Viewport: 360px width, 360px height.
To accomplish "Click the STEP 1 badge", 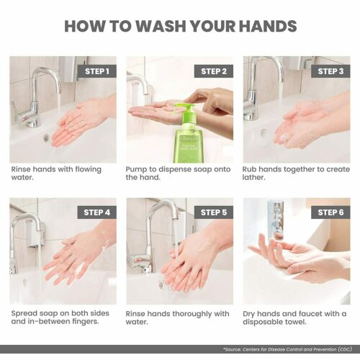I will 97,71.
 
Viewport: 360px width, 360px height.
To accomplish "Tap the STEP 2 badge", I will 214,71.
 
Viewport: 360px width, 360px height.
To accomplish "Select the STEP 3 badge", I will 330,71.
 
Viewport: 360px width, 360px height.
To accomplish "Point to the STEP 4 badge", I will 97,212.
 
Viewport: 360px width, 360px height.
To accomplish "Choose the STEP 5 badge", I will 214,212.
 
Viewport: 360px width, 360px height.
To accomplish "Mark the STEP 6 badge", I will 330,212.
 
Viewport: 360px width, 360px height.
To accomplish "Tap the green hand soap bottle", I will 189,137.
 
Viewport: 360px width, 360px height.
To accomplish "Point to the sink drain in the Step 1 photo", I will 47,138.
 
